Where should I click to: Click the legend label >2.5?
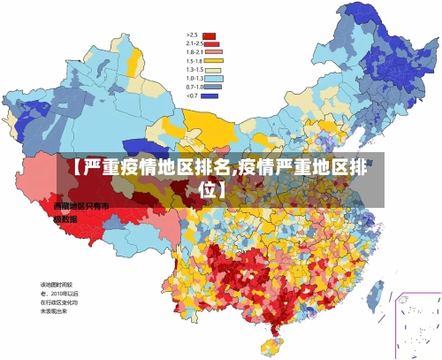[191, 34]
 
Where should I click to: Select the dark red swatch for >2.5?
[210, 35]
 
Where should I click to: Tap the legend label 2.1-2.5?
[194, 43]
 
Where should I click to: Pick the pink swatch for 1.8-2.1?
[213, 52]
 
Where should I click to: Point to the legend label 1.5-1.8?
[194, 61]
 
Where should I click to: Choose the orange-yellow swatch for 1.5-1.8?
[213, 61]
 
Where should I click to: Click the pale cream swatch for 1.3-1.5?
[213, 70]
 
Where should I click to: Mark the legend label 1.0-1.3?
[194, 79]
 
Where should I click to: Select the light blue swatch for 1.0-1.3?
[213, 79]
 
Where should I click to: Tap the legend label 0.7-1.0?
[194, 87]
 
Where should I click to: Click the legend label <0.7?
[192, 96]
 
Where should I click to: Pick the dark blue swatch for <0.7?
[210, 96]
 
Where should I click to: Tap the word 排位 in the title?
[219, 189]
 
